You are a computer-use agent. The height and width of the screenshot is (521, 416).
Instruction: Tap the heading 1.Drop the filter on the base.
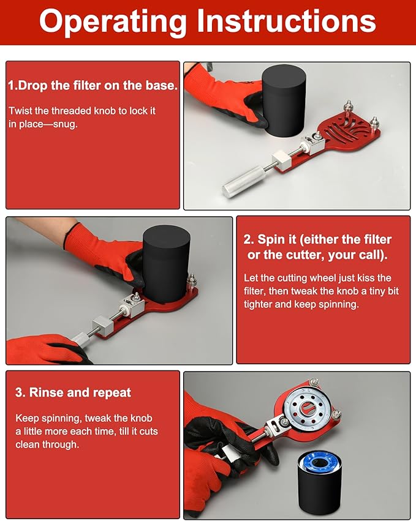pyautogui.click(x=93, y=86)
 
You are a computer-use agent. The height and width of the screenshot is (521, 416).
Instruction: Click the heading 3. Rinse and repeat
pyautogui.click(x=73, y=392)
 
